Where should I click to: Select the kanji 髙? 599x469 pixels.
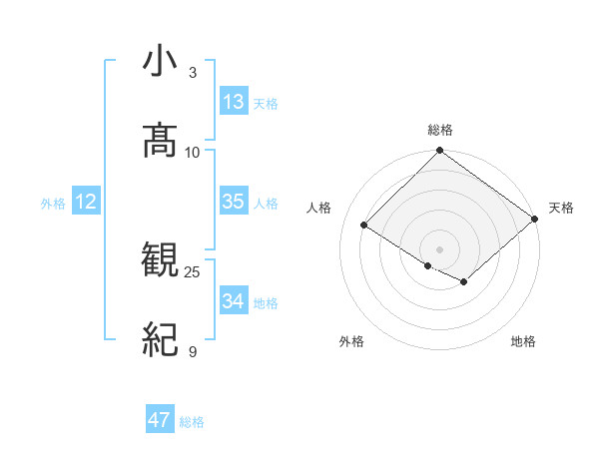pyautogui.click(x=160, y=141)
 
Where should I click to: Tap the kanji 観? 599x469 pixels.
pyautogui.click(x=160, y=261)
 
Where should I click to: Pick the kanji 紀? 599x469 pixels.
pyautogui.click(x=160, y=340)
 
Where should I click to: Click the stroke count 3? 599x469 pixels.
pyautogui.click(x=193, y=73)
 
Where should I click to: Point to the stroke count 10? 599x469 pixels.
pyautogui.click(x=193, y=152)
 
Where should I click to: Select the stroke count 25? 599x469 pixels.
pyautogui.click(x=193, y=272)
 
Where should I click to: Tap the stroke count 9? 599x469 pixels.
pyautogui.click(x=193, y=351)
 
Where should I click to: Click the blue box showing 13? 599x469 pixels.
pyautogui.click(x=234, y=102)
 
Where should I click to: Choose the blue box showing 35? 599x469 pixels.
pyautogui.click(x=234, y=202)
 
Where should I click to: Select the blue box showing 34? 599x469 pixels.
pyautogui.click(x=234, y=301)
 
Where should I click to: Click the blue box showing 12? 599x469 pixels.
pyautogui.click(x=86, y=202)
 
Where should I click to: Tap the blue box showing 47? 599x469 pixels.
pyautogui.click(x=160, y=420)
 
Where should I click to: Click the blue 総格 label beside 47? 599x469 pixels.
pyautogui.click(x=192, y=422)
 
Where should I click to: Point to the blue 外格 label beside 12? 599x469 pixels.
pyautogui.click(x=53, y=204)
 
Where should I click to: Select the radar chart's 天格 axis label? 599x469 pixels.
pyautogui.click(x=561, y=208)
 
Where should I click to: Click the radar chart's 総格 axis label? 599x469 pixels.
pyautogui.click(x=440, y=131)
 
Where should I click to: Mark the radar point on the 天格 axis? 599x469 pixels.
pyautogui.click(x=535, y=220)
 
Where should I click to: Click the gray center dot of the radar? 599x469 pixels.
pyautogui.click(x=440, y=247)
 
